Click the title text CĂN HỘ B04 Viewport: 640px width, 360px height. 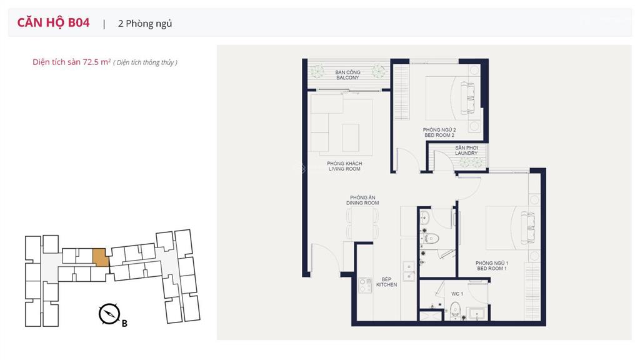(53, 22)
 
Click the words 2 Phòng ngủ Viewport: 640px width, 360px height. (145, 24)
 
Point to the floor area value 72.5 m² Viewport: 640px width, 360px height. (97, 62)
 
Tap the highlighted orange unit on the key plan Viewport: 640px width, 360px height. (101, 257)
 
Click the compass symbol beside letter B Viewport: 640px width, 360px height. (109, 314)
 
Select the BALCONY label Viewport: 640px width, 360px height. (347, 77)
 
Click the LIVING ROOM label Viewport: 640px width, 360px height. (344, 169)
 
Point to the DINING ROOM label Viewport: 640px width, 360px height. (362, 203)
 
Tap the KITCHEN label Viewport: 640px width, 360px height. (386, 284)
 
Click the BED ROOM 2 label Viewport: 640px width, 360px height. (439, 135)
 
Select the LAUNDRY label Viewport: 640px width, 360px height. (466, 153)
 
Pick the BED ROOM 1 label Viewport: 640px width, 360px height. (492, 269)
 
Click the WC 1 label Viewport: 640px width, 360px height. (457, 294)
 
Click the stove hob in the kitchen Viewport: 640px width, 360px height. (365, 285)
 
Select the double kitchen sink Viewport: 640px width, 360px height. (409, 271)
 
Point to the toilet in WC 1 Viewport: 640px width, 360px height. (455, 310)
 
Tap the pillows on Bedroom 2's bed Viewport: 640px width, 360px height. (467, 98)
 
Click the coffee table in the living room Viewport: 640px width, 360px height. (351, 138)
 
